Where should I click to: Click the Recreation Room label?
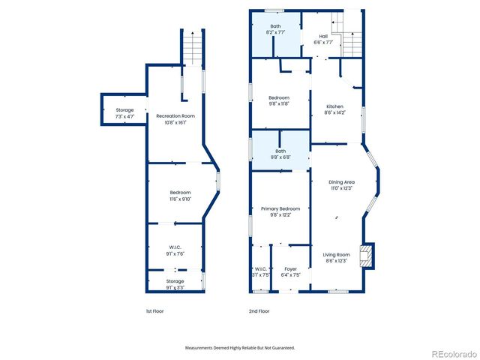click(x=175, y=118)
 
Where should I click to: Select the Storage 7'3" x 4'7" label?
click(x=124, y=113)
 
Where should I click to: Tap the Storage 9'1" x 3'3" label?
click(x=175, y=284)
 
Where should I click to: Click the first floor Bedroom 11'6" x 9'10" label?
click(x=180, y=196)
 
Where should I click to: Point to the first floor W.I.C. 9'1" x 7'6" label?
click(x=175, y=250)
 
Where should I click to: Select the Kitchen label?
click(x=334, y=109)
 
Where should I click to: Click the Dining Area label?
click(x=341, y=185)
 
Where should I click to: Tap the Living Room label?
click(x=336, y=257)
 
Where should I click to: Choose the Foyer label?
click(x=290, y=271)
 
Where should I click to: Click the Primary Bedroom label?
click(x=280, y=211)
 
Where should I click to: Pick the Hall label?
click(x=323, y=39)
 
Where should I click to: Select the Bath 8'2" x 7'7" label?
click(x=276, y=30)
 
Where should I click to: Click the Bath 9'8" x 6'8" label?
click(x=280, y=154)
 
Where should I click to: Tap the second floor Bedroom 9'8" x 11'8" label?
click(x=279, y=101)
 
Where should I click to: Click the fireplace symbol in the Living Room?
click(x=367, y=256)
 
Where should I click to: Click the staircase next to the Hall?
click(x=352, y=34)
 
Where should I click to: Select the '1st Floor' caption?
click(x=154, y=310)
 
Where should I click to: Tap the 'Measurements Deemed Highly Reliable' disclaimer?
click(x=240, y=348)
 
